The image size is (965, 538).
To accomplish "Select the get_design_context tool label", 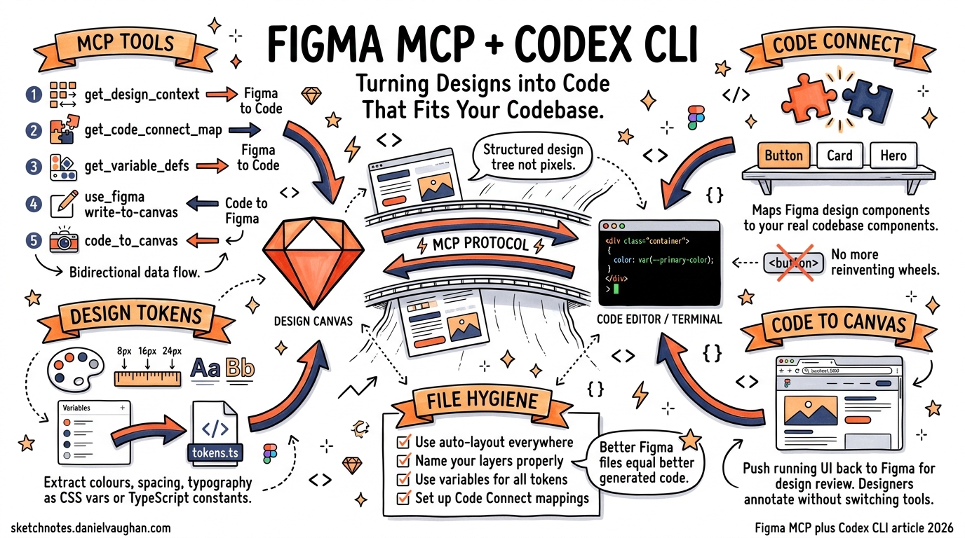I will [142, 95].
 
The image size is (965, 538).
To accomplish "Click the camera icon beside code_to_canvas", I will [64, 241].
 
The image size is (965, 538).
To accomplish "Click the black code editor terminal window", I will [659, 263].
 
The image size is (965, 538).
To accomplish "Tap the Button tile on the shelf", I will [784, 156].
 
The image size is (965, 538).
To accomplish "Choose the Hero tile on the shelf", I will [893, 156].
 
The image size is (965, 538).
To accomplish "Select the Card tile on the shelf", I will [839, 156].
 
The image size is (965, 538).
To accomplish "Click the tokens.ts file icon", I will [215, 434].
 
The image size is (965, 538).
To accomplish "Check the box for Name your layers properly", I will [403, 461].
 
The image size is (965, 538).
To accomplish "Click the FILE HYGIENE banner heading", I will [483, 401].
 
